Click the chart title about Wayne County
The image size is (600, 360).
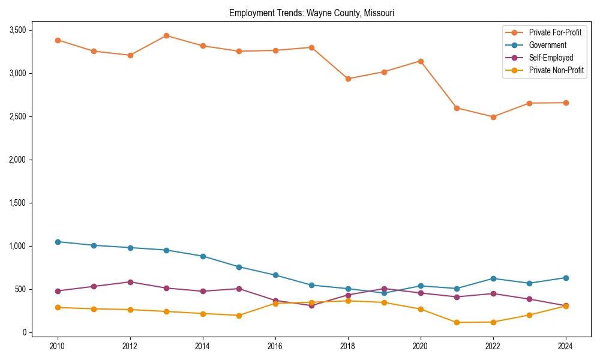(311, 13)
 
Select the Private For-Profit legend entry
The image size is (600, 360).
(555, 32)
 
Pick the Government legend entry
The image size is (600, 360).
(547, 45)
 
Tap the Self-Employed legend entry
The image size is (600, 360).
(551, 58)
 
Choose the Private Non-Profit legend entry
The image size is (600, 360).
(556, 70)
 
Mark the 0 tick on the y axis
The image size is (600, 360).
(24, 332)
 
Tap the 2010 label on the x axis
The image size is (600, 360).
(58, 346)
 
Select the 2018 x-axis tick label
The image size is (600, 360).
(348, 346)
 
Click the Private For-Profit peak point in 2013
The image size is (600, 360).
(167, 35)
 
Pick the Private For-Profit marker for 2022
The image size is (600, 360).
(493, 117)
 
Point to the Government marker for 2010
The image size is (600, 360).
(58, 242)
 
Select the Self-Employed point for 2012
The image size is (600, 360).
(130, 282)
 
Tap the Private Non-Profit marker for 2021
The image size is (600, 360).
(457, 322)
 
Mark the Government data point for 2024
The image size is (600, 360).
(566, 278)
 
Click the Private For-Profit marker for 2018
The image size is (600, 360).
(348, 79)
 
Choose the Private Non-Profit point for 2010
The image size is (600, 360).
(58, 307)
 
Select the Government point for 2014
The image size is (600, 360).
(203, 256)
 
